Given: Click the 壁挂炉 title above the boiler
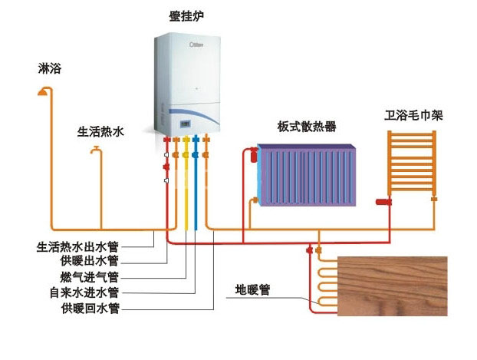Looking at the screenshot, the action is [186, 16].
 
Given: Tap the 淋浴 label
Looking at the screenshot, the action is [50, 68].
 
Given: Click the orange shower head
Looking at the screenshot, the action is [43, 91].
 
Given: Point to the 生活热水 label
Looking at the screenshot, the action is [100, 131].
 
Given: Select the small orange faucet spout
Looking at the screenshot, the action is [96, 150].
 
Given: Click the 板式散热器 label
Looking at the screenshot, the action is [307, 126].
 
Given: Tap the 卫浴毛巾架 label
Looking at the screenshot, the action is [413, 115].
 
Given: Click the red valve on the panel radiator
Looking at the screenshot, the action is [253, 155].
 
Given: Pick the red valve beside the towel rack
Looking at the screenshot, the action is [383, 202].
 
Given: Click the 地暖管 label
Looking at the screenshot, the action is [252, 289].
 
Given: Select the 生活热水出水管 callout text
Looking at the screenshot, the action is [77, 246].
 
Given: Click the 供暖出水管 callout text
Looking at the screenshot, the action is [89, 261].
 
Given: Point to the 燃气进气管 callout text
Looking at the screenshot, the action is [89, 277].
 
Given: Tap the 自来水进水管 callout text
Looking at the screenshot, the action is [84, 293].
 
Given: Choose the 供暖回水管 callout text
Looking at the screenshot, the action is [90, 309].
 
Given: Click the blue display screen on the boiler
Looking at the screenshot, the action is [186, 124].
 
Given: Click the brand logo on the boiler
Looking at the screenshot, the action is [196, 45].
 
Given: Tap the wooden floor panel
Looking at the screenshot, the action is [393, 286].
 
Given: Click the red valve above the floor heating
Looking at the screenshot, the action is [310, 250].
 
